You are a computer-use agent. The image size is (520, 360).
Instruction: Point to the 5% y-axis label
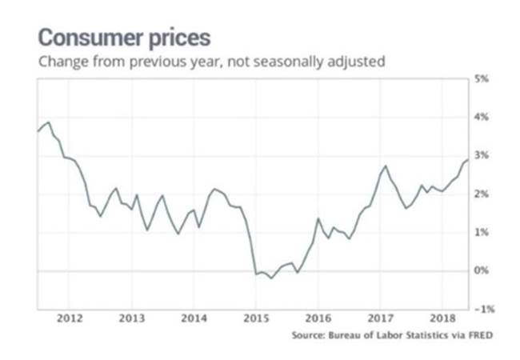(x=482, y=78)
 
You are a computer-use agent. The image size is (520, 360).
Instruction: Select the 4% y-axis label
(x=482, y=117)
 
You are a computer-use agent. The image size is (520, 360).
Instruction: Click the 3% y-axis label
(x=482, y=155)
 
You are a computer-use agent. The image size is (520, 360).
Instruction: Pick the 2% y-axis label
(x=482, y=194)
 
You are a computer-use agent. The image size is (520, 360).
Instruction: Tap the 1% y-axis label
(x=482, y=232)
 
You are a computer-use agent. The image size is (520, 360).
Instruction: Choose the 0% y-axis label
(x=482, y=270)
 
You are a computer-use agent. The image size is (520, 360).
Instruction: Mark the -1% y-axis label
(x=481, y=309)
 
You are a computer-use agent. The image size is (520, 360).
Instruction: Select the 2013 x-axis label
(x=131, y=318)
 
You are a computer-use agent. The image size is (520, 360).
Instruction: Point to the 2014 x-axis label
(x=194, y=318)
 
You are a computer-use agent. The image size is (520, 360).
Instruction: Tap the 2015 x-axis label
(x=255, y=318)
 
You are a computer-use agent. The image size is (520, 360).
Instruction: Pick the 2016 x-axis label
(x=318, y=318)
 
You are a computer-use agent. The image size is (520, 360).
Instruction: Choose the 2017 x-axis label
(x=380, y=318)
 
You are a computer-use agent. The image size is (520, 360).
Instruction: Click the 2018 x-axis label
(x=442, y=318)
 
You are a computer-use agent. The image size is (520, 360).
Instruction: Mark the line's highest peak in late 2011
(x=49, y=122)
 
